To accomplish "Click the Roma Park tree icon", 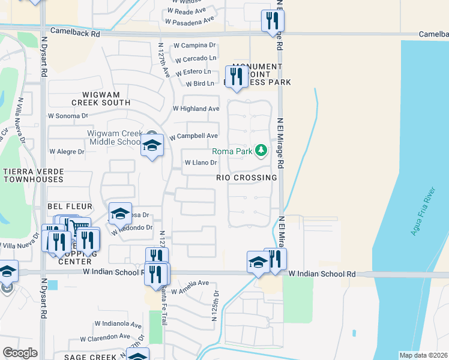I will (261, 149).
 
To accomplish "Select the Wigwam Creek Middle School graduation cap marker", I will (152, 146).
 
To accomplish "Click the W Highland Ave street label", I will (196, 109).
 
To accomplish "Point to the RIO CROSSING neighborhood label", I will (247, 178).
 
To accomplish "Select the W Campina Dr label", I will (194, 45).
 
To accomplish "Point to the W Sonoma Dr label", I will (68, 115).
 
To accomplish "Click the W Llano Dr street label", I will (200, 163).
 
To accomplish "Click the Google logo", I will (20, 353).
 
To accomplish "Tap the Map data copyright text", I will (423, 355).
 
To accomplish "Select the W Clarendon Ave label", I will (108, 337).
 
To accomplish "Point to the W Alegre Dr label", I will (67, 152).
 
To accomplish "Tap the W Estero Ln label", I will (193, 71).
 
